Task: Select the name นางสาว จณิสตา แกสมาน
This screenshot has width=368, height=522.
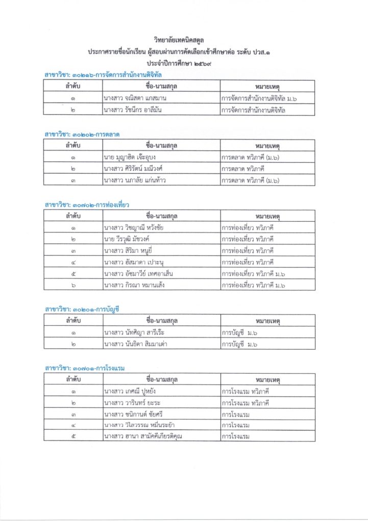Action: [132, 97]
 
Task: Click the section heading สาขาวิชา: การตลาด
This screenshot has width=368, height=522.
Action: [82, 134]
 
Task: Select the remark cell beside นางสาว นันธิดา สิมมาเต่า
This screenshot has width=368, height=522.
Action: [267, 345]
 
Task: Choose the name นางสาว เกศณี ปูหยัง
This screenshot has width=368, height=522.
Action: [130, 391]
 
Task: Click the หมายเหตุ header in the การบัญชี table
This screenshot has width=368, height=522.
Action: [267, 321]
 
